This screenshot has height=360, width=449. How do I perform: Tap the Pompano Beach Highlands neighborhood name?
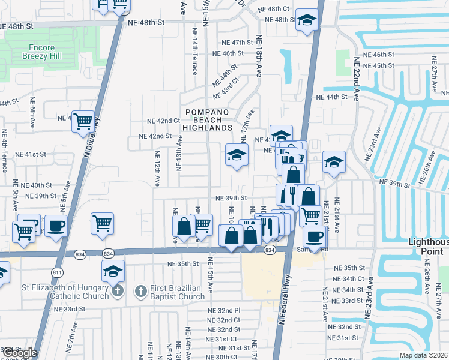point(208,120)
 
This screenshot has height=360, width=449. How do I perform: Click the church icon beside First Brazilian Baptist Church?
point(140,292)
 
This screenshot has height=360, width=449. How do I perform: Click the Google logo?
point(19,353)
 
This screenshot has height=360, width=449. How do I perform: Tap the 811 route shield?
point(58,272)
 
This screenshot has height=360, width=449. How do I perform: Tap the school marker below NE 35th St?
point(113,271)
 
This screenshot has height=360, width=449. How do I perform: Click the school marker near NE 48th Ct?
point(307,21)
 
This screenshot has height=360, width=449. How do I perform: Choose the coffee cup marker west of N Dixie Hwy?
point(56,226)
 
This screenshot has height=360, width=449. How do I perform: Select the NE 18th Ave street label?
point(260,55)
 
